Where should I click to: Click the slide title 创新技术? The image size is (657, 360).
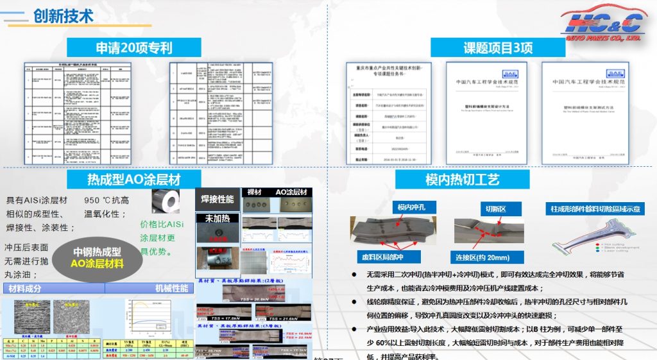(x=62, y=15)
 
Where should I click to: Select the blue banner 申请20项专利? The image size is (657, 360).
(x=134, y=47)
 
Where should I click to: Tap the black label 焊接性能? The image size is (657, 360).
(x=217, y=199)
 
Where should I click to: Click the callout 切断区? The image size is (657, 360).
(x=495, y=209)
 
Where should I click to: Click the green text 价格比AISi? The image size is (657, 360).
(x=162, y=225)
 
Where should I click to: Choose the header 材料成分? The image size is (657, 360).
(x=25, y=288)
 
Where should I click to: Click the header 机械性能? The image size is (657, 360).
(x=172, y=288)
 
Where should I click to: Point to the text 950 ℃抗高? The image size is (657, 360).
(x=107, y=200)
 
